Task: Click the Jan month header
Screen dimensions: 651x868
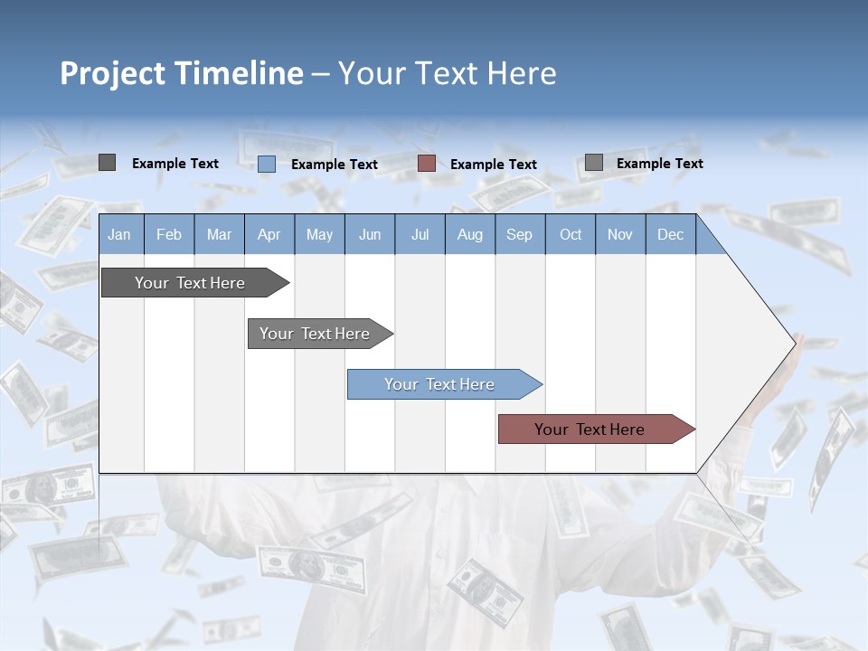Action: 119,234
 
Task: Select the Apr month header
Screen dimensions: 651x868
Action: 269,234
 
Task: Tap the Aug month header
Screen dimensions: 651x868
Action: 469,234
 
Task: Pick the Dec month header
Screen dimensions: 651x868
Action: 670,234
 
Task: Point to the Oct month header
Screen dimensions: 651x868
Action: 570,234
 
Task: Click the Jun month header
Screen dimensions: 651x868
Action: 369,234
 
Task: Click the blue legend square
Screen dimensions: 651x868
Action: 266,164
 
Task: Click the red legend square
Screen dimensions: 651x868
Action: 427,164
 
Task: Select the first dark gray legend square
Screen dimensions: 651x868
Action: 107,163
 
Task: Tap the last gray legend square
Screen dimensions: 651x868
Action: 593,163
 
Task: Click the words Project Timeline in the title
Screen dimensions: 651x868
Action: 181,73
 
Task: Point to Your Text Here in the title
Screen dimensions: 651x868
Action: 447,73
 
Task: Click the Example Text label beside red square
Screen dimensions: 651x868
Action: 493,165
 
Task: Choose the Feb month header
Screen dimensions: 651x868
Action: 168,234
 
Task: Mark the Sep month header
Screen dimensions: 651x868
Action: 519,234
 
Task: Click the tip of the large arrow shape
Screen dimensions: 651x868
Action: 794,343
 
